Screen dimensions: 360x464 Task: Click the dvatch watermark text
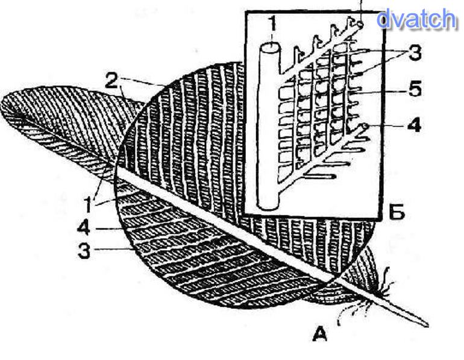(x=416, y=20)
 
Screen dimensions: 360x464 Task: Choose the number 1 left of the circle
(x=88, y=204)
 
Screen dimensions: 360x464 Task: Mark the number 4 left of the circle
(x=84, y=229)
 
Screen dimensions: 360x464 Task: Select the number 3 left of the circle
(x=84, y=250)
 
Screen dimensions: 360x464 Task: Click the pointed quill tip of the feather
(x=425, y=324)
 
